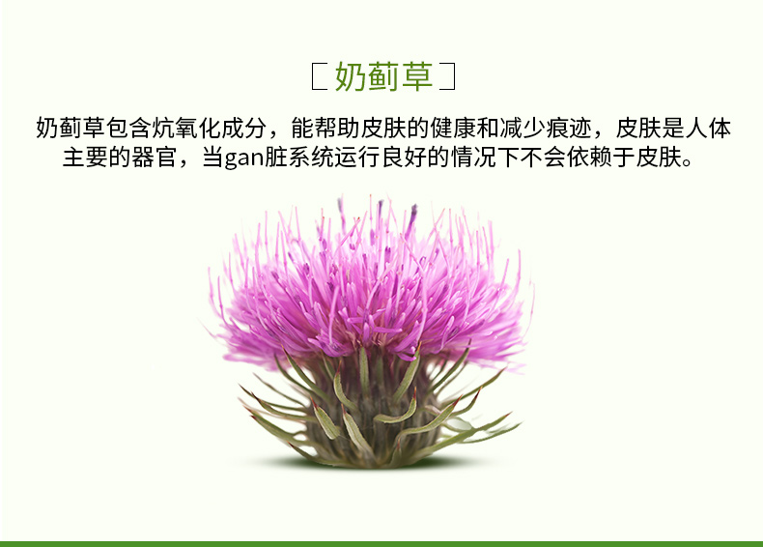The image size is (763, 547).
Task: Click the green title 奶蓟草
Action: pyautogui.click(x=383, y=76)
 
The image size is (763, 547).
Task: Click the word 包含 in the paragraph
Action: pyautogui.click(x=129, y=129)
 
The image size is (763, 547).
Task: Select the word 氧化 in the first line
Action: pyautogui.click(x=199, y=129)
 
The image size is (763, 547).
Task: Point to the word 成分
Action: pyautogui.click(x=244, y=129)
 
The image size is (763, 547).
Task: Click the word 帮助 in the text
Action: pyautogui.click(x=337, y=129)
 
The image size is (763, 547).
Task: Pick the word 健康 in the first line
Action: pyautogui.click(x=453, y=129)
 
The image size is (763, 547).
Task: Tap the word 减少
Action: pyautogui.click(x=523, y=129)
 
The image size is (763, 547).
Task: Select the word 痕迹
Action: pyautogui.click(x=568, y=129)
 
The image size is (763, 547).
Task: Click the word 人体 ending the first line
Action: pyautogui.click(x=708, y=129)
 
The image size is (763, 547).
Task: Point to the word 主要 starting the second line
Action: pyautogui.click(x=86, y=158)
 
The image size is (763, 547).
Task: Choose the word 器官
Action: pyautogui.click(x=155, y=158)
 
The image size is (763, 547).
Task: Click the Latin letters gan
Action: pyautogui.click(x=244, y=159)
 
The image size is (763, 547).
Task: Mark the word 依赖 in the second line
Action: pyautogui.click(x=590, y=158)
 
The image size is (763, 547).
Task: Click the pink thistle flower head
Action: pyautogui.click(x=370, y=287)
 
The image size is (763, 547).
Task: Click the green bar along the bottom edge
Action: pyautogui.click(x=381, y=544)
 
